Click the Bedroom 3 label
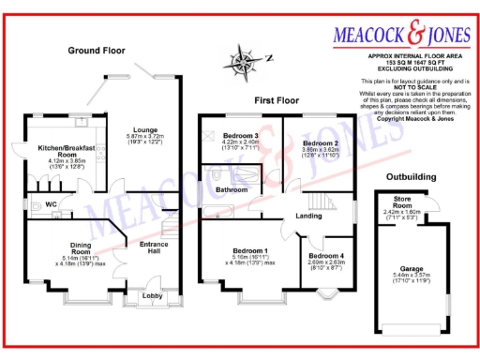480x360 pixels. coord(243,136)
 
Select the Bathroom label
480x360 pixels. coord(232,189)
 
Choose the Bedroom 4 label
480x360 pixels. coord(326,256)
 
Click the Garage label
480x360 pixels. coord(409,267)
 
